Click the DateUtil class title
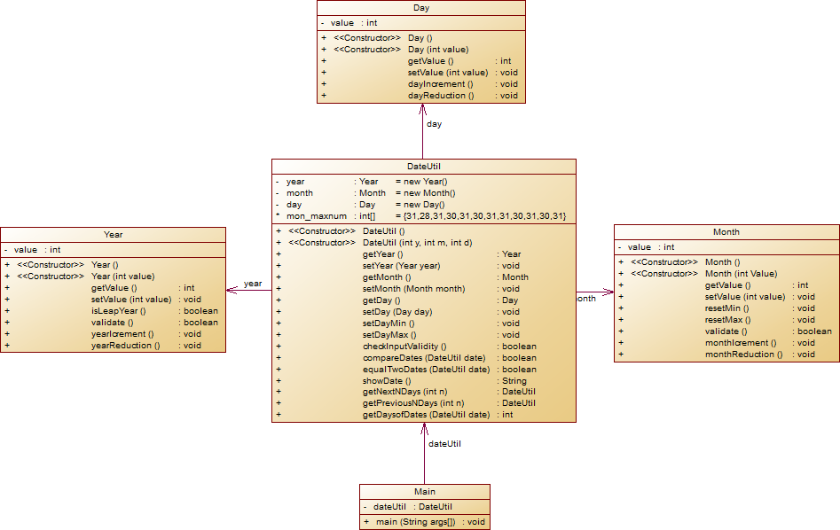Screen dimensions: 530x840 (x=423, y=166)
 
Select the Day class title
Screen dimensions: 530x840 (x=421, y=8)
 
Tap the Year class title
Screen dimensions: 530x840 (x=113, y=235)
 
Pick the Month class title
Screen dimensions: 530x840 (x=726, y=232)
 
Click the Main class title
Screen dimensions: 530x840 (x=424, y=492)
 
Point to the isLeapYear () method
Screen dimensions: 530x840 (x=118, y=311)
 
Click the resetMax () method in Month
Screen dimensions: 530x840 (x=727, y=320)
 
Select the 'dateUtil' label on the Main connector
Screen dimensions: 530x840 (x=444, y=444)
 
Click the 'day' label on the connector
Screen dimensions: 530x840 (x=434, y=124)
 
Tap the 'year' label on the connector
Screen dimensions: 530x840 (x=253, y=284)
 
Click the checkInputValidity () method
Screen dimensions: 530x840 (x=404, y=346)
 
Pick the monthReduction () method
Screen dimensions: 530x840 (x=743, y=355)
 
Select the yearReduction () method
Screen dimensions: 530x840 (x=125, y=346)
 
